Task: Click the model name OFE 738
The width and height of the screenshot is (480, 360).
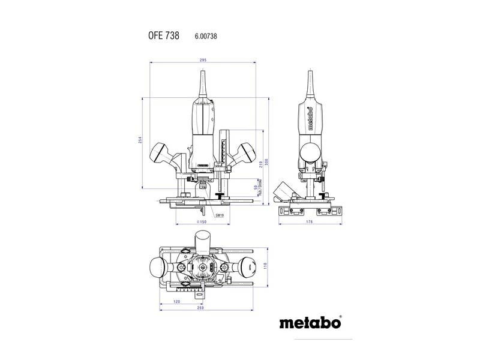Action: pos(164,36)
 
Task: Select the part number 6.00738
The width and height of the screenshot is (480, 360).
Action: pos(205,37)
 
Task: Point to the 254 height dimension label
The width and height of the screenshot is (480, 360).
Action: pos(139,140)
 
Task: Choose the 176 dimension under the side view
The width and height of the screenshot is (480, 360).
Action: pos(310,223)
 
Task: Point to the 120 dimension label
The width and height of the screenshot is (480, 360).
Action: pos(177,302)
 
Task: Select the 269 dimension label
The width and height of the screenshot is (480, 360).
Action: pos(201,308)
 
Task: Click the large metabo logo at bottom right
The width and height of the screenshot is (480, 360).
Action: pos(310,322)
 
